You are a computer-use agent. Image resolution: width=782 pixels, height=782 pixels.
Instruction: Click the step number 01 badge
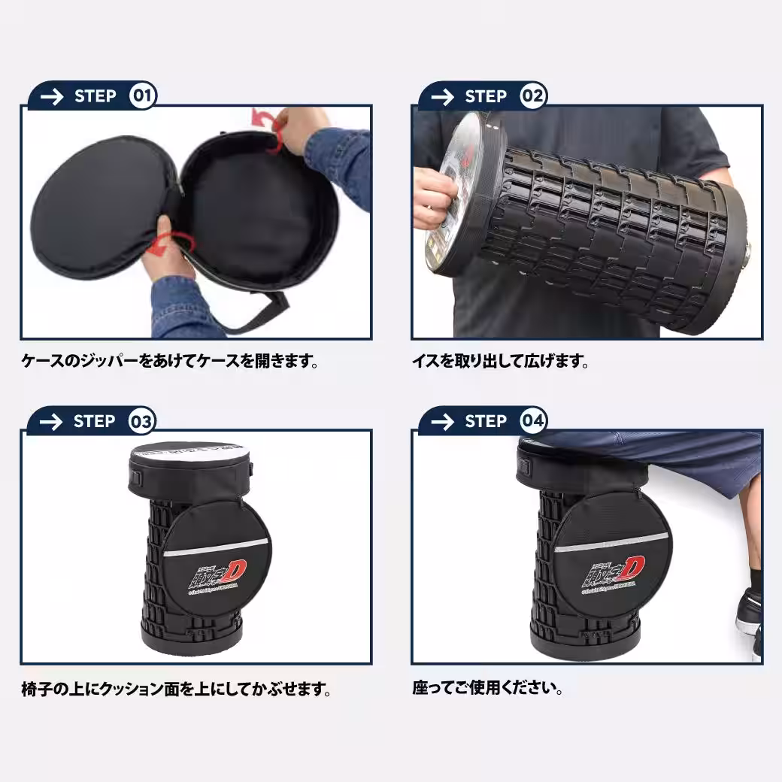pyautogui.click(x=143, y=96)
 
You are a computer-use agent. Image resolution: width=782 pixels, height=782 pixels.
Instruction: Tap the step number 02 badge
pyautogui.click(x=533, y=96)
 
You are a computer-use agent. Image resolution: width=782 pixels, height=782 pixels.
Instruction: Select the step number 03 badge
pyautogui.click(x=142, y=422)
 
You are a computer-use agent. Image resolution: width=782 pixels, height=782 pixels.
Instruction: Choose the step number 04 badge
pyautogui.click(x=533, y=422)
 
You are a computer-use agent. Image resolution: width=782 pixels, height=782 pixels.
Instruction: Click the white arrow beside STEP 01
pyautogui.click(x=52, y=97)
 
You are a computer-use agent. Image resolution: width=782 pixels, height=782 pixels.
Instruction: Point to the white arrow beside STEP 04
pyautogui.click(x=443, y=422)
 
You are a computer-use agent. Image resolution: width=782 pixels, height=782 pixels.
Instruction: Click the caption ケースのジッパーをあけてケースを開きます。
pyautogui.click(x=170, y=362)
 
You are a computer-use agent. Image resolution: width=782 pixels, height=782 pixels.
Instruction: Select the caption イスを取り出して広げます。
pyautogui.click(x=500, y=362)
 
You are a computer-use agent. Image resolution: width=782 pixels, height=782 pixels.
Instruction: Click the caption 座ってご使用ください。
pyautogui.click(x=488, y=688)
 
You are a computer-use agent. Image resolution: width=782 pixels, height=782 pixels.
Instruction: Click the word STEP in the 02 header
pyautogui.click(x=486, y=97)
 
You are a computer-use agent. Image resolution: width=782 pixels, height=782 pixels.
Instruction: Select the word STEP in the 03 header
pyautogui.click(x=95, y=422)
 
